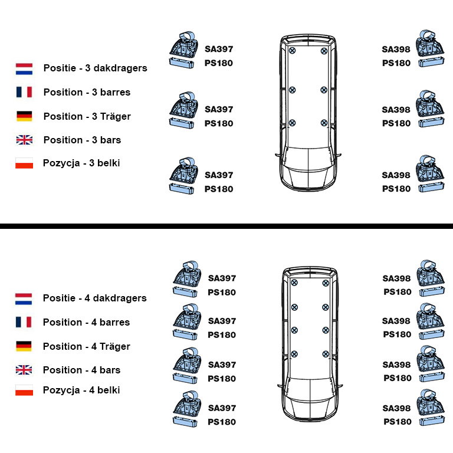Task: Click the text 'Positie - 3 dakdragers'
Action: pos(96,68)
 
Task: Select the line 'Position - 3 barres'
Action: pos(87,92)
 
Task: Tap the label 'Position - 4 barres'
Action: pos(86,322)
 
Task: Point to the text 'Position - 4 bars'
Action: pos(82,370)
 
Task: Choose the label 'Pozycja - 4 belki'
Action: pos(81,390)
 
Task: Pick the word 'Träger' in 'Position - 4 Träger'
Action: pos(115,346)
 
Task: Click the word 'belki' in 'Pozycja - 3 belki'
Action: pos(109,163)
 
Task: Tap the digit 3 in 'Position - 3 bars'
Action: pos(94,140)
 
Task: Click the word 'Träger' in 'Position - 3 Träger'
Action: pos(116,116)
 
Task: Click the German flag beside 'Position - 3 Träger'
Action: pos(24,116)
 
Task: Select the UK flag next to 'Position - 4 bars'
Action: pos(24,370)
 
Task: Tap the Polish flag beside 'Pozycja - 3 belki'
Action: pos(24,163)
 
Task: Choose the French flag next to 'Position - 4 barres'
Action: pos(24,322)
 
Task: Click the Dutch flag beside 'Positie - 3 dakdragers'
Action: pos(24,69)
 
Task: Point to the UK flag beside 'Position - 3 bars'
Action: pos(24,140)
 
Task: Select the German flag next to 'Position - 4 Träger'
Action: pos(24,346)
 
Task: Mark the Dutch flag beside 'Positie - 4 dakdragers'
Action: pos(24,299)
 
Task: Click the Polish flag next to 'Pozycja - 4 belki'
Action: pos(24,390)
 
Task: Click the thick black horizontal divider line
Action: pos(226,226)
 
